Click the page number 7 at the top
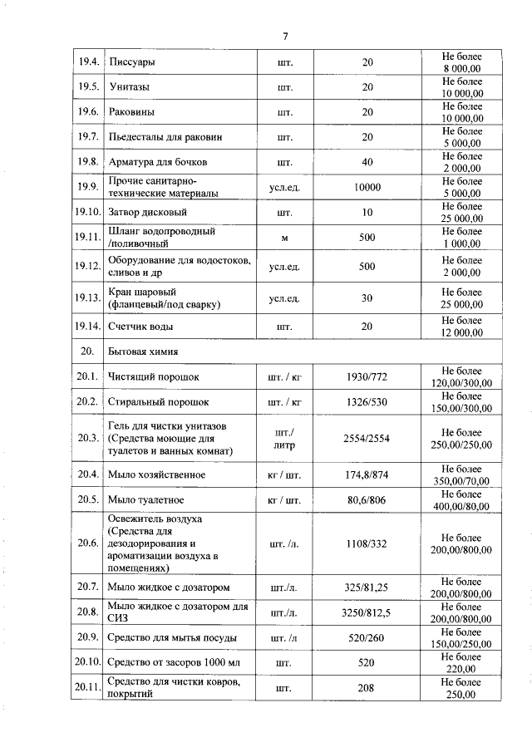(x=284, y=36)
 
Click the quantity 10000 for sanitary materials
(x=367, y=187)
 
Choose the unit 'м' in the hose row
(x=284, y=238)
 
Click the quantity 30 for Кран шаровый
(x=367, y=298)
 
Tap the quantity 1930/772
(x=367, y=377)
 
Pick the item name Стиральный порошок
(x=154, y=402)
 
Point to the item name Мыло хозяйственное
(x=156, y=474)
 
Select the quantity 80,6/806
(x=367, y=500)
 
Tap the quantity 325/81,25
(x=367, y=587)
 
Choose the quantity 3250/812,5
(x=367, y=612)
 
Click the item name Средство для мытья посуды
(x=172, y=638)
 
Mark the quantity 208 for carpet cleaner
(x=367, y=688)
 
